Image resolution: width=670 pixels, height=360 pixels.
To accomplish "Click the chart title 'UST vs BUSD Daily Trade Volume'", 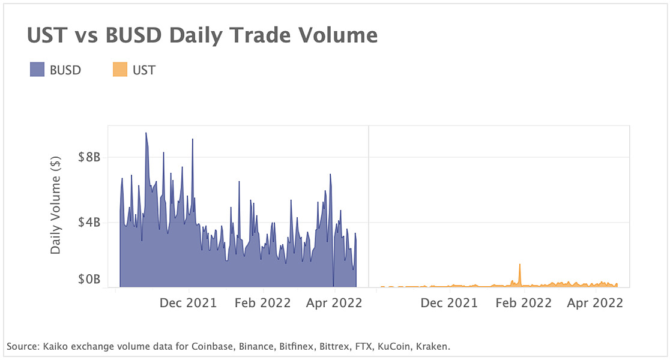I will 202,36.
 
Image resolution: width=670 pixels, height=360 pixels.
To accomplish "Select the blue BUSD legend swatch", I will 37,70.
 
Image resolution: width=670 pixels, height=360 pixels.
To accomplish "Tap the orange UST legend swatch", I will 120,70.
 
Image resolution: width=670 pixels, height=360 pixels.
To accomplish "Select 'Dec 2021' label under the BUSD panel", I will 189,303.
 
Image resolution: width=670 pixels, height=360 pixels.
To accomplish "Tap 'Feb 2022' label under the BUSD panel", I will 262,303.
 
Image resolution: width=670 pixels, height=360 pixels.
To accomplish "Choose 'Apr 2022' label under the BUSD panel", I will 334,303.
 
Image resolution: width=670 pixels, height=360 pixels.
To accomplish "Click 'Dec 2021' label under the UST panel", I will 449,303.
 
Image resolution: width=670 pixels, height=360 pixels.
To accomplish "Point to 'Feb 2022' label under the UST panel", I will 523,303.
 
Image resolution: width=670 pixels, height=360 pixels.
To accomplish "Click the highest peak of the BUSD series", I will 146,134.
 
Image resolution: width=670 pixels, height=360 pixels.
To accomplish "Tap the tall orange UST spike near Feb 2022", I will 519,265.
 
